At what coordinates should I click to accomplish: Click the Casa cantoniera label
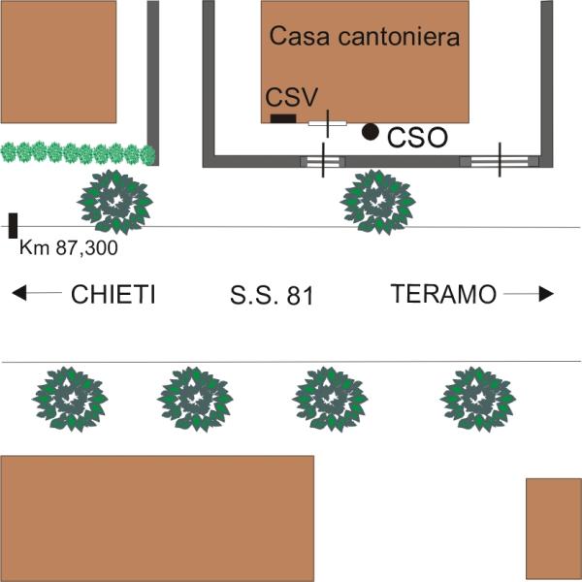pos(364,38)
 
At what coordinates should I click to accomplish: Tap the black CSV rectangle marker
pos(282,119)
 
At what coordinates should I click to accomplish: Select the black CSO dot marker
pos(370,131)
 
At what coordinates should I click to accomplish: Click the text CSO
pos(417,138)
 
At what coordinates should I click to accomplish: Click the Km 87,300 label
pos(68,249)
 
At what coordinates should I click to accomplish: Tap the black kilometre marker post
pos(13,225)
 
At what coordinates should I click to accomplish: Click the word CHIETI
pos(114,295)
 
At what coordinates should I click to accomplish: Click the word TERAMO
pos(443,295)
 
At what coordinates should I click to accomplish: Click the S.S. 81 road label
pos(273,296)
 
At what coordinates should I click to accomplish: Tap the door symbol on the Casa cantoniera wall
pos(327,123)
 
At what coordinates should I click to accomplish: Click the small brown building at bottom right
pos(553,528)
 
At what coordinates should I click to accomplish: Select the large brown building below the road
pos(157,518)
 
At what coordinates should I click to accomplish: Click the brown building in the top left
pos(58,60)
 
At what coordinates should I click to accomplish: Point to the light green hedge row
pos(78,153)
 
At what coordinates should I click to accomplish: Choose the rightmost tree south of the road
pos(477,398)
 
